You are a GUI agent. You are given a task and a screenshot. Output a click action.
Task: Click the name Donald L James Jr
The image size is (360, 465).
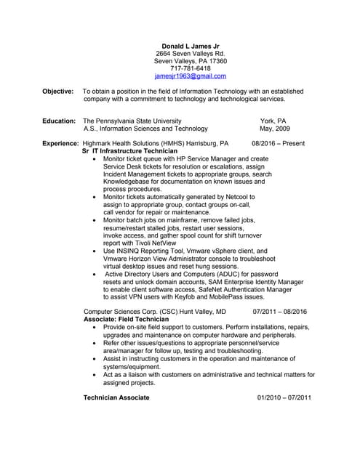191,45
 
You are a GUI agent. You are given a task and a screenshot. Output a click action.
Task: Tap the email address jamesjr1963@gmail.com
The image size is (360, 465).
191,76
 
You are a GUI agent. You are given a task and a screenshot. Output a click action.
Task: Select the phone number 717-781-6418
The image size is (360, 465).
191,68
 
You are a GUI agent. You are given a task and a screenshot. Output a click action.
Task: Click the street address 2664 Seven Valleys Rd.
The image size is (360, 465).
191,53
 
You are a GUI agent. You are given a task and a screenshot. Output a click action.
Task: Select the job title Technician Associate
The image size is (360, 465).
116,397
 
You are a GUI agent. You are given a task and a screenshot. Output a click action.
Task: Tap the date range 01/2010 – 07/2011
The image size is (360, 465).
284,397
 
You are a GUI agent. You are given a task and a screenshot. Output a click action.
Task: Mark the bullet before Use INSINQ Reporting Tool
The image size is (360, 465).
96,251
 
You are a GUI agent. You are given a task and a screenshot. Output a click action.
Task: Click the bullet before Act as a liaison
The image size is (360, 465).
96,374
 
